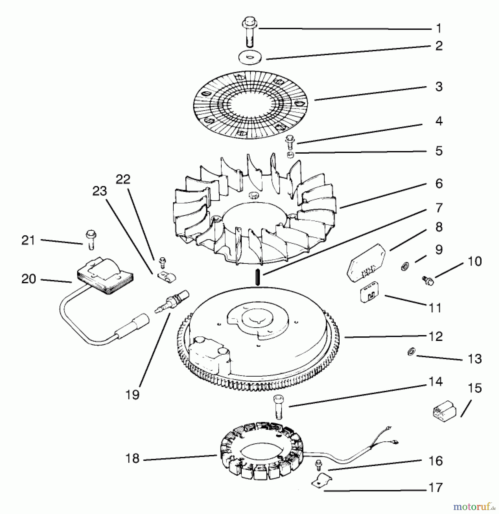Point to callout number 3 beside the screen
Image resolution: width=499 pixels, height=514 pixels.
pos(439,87)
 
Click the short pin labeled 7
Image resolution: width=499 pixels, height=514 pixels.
pos(257,277)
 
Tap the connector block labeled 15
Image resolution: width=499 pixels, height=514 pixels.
pos(444,414)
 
